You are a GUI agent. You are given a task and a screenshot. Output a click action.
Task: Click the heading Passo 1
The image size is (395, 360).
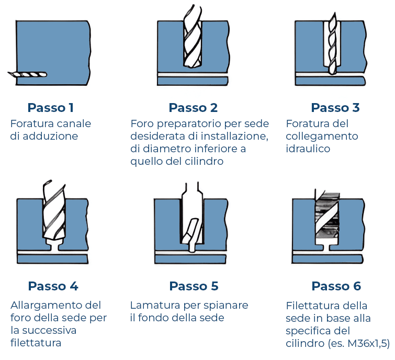pos(50,108)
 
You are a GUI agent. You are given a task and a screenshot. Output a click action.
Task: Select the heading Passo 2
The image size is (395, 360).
pos(193,108)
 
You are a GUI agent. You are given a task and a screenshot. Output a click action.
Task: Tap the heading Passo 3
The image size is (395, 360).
pos(335,108)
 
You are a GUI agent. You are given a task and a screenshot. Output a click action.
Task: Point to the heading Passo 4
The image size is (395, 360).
pos(53,286)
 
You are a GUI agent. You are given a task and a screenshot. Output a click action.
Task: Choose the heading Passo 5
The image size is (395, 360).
pos(194,286)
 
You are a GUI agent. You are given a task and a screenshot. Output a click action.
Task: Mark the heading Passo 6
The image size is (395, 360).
pos(336,286)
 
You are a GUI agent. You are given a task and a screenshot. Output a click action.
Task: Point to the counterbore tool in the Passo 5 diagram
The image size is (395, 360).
pos(192,220)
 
